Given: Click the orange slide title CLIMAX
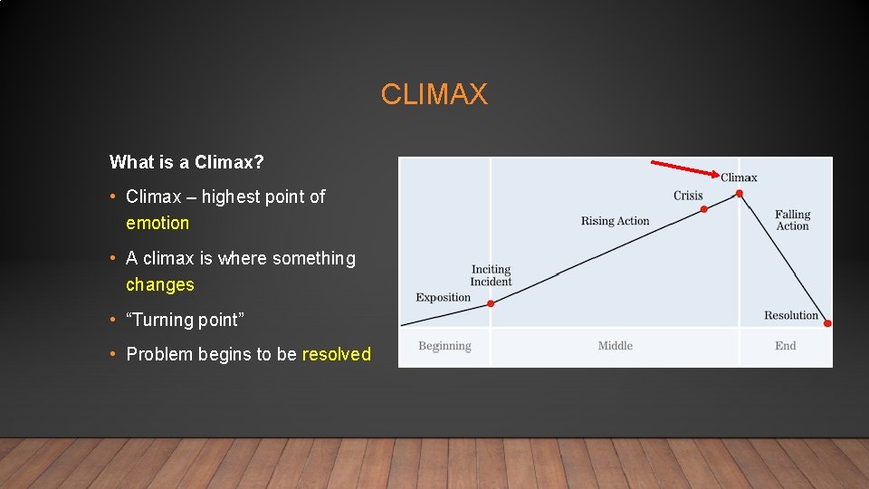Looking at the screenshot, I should [x=434, y=94].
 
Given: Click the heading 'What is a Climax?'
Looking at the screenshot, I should [x=186, y=162].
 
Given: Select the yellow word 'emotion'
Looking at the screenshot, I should [x=158, y=223].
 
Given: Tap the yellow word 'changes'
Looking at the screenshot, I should [x=160, y=284].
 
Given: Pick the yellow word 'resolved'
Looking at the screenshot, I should [x=336, y=354].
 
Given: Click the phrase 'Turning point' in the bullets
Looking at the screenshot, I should [x=186, y=320].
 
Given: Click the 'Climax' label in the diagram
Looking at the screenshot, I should [x=739, y=177].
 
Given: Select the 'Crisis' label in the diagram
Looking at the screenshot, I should [x=688, y=196].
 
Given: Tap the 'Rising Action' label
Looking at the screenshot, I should [x=615, y=221].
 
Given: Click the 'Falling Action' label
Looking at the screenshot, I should [x=792, y=220].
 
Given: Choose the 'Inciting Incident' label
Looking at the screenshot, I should [x=491, y=275].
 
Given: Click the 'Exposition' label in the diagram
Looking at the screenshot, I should [x=443, y=297].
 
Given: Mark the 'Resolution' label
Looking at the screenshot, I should [x=790, y=315].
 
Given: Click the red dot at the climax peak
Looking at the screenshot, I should [x=740, y=193].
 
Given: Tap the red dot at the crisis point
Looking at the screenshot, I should [x=704, y=209].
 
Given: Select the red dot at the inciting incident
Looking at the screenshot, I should [x=491, y=303].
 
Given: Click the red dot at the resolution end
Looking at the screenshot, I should [x=827, y=323].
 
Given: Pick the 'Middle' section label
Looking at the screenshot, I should [x=615, y=346].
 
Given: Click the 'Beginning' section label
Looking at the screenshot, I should [x=444, y=346].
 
